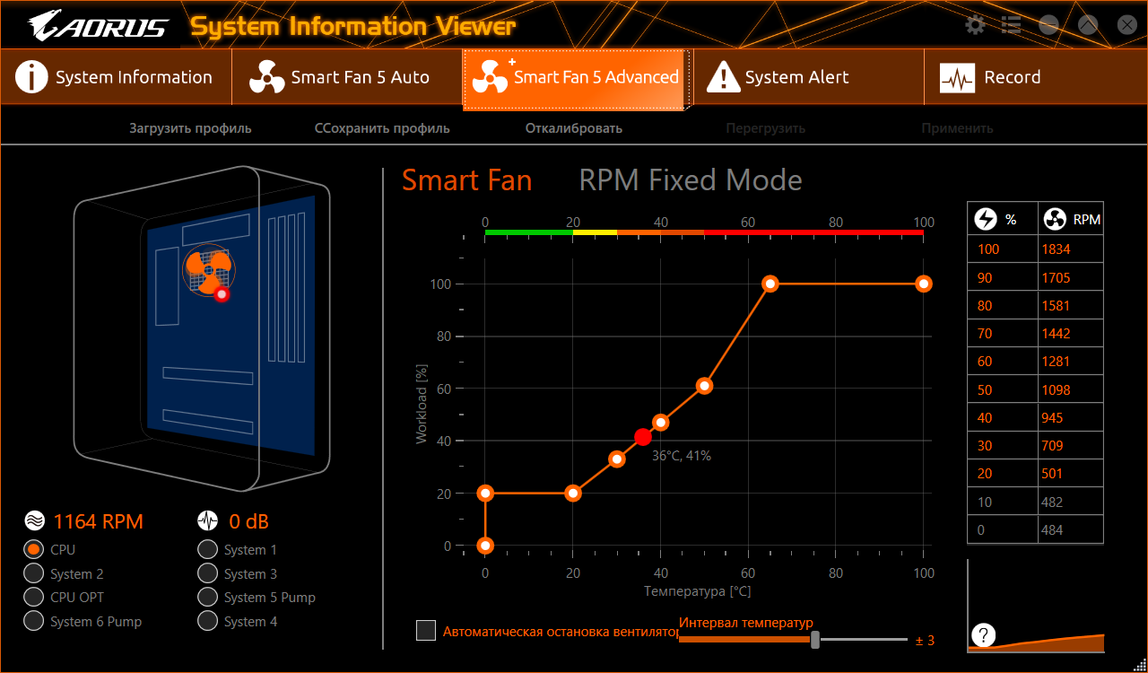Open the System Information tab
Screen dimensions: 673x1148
(115, 77)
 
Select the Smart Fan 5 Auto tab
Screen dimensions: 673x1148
(346, 77)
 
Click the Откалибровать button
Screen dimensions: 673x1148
(573, 128)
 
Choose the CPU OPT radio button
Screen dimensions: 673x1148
(34, 597)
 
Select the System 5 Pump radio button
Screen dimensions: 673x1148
(208, 597)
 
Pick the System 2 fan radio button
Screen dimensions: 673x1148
(34, 573)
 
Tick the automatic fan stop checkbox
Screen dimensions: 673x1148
(426, 631)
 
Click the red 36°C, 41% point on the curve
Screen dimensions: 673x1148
(643, 437)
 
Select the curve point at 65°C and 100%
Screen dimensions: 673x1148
(770, 284)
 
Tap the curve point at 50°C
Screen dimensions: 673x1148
(705, 386)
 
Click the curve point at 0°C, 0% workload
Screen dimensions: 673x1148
(485, 546)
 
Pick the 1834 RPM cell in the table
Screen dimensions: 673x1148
(1070, 249)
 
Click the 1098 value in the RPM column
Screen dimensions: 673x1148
(1070, 389)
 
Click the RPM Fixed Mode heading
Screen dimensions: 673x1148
(691, 180)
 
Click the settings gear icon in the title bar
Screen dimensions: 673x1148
(975, 25)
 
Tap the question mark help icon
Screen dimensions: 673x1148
(984, 634)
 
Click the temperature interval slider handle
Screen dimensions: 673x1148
(815, 639)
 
